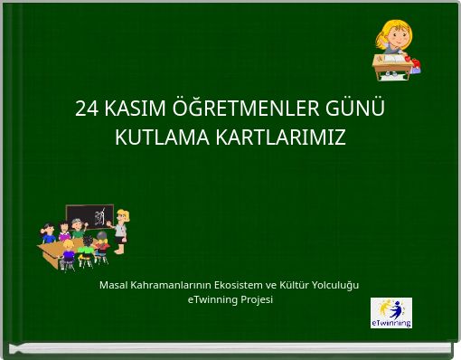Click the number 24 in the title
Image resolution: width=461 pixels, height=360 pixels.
click(x=86, y=109)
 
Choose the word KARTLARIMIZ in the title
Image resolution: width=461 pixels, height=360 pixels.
click(x=280, y=138)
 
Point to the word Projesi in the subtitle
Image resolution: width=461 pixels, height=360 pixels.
click(x=255, y=299)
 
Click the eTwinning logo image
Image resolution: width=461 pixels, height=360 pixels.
click(x=391, y=312)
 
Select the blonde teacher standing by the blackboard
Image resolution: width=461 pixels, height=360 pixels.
click(x=121, y=227)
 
